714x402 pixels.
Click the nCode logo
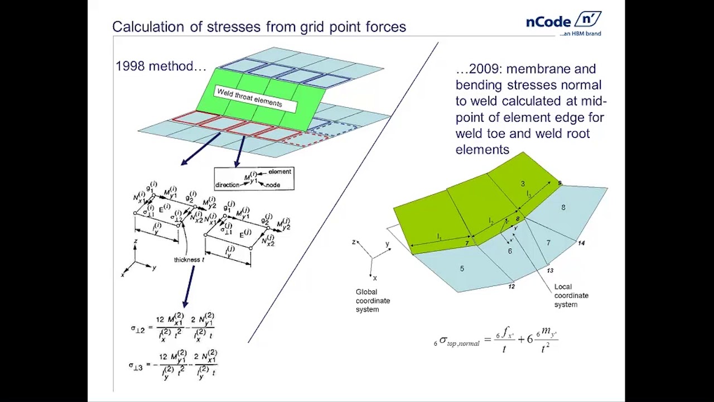click(x=563, y=21)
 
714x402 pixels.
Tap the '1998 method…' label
click(x=161, y=66)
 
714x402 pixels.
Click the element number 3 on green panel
click(x=523, y=184)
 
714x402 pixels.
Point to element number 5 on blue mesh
click(x=462, y=269)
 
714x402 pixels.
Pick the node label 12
click(x=512, y=286)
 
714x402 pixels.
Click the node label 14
click(x=581, y=243)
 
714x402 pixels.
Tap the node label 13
click(x=550, y=271)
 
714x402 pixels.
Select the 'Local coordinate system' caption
click(x=571, y=295)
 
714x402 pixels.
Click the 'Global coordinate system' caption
click(x=373, y=300)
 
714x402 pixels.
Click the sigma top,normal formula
click(x=495, y=339)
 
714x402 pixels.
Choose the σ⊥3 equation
click(x=173, y=365)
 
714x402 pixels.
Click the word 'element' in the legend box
click(x=279, y=172)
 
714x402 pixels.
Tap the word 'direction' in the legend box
click(x=227, y=185)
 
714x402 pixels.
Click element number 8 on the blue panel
click(x=563, y=208)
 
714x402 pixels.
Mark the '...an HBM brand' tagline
click(x=580, y=34)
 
